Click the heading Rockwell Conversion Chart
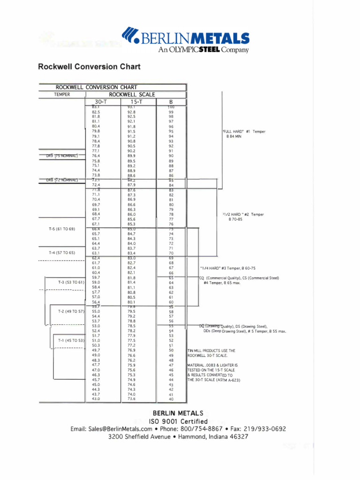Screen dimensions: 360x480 pyautogui.click(x=89, y=67)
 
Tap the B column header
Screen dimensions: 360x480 pyautogui.click(x=171, y=102)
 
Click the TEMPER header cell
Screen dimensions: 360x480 pyautogui.click(x=62, y=94)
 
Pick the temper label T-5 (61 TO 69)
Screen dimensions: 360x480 pyautogui.click(x=62, y=229)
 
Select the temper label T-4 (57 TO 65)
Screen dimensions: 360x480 pyautogui.click(x=62, y=253)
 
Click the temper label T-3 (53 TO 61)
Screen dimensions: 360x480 pyautogui.click(x=71, y=282)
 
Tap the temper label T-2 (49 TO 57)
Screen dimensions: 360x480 pyautogui.click(x=71, y=311)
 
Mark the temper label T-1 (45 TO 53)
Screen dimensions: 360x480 pyautogui.click(x=71, y=340)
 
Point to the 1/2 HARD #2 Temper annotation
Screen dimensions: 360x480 pyautogui.click(x=243, y=214)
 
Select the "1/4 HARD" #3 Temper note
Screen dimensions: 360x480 pyautogui.click(x=227, y=268)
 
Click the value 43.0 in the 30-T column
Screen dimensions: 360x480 pyautogui.click(x=96, y=399)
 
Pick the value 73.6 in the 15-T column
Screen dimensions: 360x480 pyautogui.click(x=131, y=399)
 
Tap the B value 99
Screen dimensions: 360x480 pyautogui.click(x=171, y=112)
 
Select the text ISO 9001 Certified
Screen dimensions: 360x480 pyautogui.click(x=178, y=421)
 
